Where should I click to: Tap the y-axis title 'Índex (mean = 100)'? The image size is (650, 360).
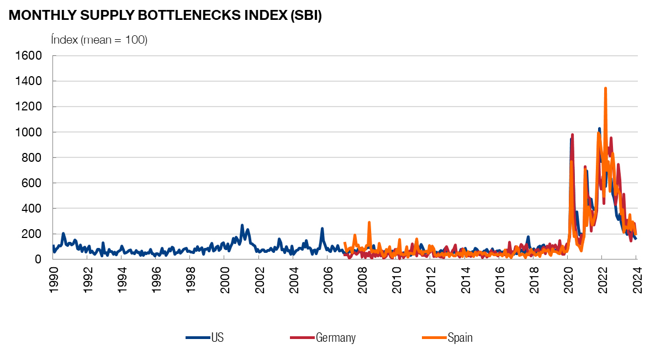pyautogui.click(x=99, y=40)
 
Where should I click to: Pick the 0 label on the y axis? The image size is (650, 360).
pyautogui.click(x=39, y=260)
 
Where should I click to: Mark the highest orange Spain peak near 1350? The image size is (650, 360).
pyautogui.click(x=605, y=88)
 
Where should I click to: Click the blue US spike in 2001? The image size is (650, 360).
pyautogui.click(x=242, y=226)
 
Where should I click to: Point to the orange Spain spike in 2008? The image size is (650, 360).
pyautogui.click(x=369, y=223)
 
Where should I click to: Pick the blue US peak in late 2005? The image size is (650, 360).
pyautogui.click(x=322, y=229)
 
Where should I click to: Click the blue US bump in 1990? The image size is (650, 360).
pyautogui.click(x=63, y=234)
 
